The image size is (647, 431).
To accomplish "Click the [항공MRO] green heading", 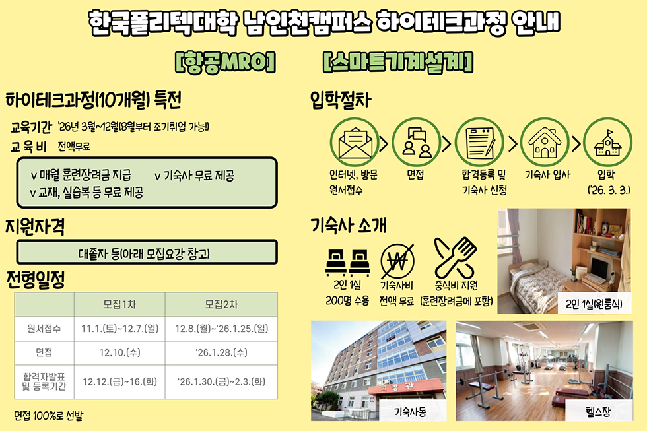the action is click(225, 62).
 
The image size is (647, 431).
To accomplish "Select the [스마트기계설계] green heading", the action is click(397, 62).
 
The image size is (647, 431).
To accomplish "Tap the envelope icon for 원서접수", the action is click(355, 143).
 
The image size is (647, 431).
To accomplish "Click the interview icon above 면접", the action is click(417, 143).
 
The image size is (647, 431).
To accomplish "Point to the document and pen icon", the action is click(479, 143).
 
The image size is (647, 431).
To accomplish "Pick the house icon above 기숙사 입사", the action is click(545, 143).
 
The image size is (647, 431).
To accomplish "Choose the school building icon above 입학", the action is click(607, 143).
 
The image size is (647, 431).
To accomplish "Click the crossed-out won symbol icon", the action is click(397, 261).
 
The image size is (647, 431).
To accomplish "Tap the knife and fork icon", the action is click(455, 258).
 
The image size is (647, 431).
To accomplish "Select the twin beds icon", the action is click(347, 263).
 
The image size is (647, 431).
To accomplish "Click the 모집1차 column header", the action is click(119, 304).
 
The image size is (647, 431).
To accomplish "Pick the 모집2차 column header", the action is click(222, 304).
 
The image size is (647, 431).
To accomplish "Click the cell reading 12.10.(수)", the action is click(119, 352).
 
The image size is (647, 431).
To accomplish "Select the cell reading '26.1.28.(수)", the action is click(222, 352).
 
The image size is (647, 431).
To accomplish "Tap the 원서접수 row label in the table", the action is click(44, 329).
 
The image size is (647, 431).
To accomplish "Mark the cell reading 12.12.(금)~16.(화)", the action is click(119, 381).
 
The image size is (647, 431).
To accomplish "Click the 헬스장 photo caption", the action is click(598, 411).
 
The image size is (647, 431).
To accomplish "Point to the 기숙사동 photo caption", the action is click(410, 411).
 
